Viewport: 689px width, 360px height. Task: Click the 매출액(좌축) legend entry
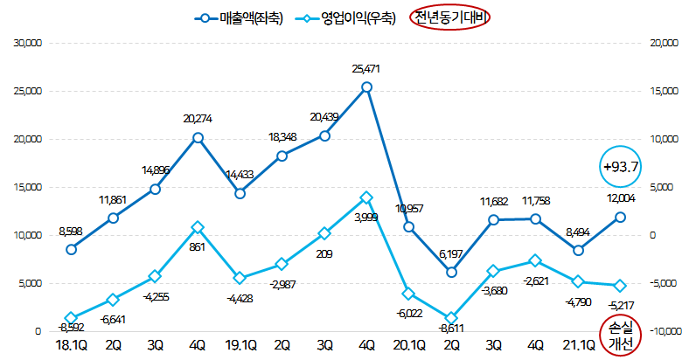click(239, 17)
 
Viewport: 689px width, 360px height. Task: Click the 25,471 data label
click(366, 68)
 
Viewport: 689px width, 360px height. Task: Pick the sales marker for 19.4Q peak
click(366, 87)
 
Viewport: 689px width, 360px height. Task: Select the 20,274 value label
click(198, 119)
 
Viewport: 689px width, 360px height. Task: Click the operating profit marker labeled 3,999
click(366, 198)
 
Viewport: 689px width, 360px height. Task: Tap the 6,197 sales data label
click(451, 253)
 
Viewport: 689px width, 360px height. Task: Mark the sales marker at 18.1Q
click(72, 249)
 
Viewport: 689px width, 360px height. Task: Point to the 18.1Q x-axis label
click(72, 346)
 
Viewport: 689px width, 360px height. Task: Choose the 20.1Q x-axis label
click(409, 346)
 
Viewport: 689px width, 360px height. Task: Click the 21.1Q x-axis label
click(578, 346)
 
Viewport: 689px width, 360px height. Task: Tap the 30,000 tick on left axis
click(26, 43)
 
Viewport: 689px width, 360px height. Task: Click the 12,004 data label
click(621, 200)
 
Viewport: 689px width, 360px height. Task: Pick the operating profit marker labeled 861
click(198, 227)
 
